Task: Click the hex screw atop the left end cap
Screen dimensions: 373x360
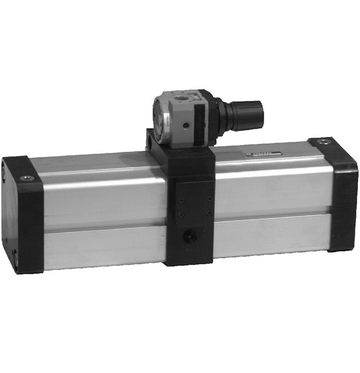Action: pyautogui.click(x=26, y=177)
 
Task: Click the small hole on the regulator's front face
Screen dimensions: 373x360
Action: pyautogui.click(x=186, y=125)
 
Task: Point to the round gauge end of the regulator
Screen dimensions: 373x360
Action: pyautogui.click(x=158, y=121)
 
